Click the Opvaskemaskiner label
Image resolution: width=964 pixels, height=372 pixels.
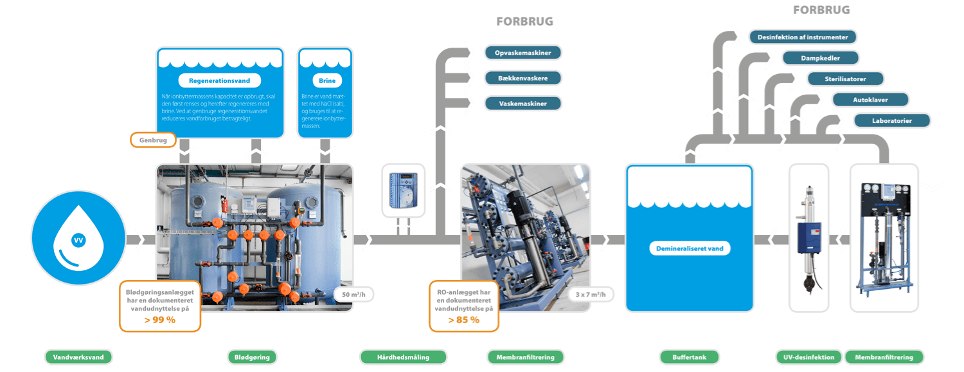tap(523, 52)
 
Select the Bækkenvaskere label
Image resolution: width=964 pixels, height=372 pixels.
tap(523, 78)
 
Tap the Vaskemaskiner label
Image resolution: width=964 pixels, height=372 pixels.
tap(523, 103)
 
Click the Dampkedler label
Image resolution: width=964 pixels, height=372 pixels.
tap(821, 58)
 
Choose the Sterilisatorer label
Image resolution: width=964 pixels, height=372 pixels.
tap(846, 79)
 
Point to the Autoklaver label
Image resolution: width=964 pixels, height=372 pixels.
tap(870, 100)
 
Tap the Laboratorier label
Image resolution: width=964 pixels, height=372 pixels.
tap(892, 120)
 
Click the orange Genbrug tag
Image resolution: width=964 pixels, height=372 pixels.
tap(153, 139)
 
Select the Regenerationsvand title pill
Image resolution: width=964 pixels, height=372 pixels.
tap(220, 81)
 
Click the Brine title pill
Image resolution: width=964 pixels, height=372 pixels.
tap(327, 81)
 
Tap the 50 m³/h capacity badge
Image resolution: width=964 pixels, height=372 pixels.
tap(353, 295)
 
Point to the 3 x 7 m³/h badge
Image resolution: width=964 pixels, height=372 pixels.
tap(591, 295)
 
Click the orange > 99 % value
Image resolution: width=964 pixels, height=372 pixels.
tap(160, 320)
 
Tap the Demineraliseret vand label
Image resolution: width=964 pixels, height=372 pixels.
tap(690, 248)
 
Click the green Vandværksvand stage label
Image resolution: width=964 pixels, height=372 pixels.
tap(78, 357)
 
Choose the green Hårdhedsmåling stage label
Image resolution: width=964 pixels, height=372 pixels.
tap(403, 357)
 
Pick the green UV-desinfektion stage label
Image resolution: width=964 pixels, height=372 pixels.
tap(808, 357)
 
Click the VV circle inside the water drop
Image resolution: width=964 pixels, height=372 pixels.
tap(78, 240)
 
